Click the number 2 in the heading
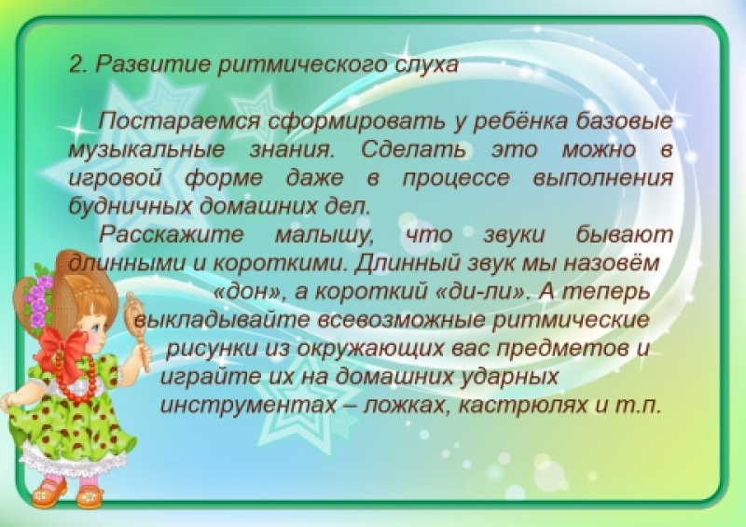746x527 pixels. (76, 64)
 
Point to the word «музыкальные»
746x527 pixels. (146, 150)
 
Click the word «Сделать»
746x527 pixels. (413, 150)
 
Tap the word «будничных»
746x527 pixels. (130, 206)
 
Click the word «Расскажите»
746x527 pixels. (172, 235)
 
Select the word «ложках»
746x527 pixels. (407, 406)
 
